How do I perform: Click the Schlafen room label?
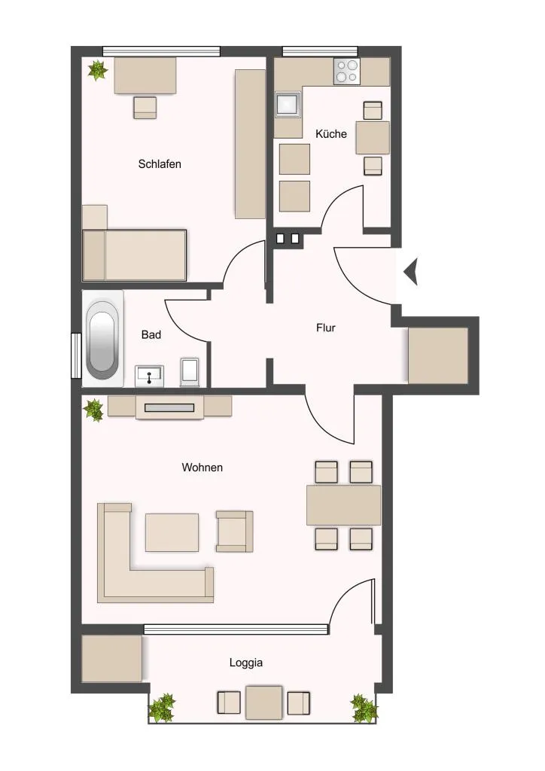tap(160, 163)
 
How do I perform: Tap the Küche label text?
tap(330, 134)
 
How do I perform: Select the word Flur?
tap(326, 328)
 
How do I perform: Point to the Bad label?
tap(151, 334)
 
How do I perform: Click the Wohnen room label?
tap(202, 467)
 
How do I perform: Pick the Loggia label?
tap(245, 663)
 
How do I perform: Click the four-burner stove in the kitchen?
tap(346, 71)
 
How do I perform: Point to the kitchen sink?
tap(288, 104)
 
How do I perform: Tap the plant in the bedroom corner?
tap(98, 70)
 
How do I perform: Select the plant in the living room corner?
tap(93, 410)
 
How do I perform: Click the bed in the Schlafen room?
tap(134, 255)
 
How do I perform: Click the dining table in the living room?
tap(343, 505)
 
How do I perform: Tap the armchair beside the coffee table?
tap(234, 531)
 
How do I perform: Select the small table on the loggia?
tap(264, 702)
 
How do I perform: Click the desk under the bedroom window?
tap(145, 75)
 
